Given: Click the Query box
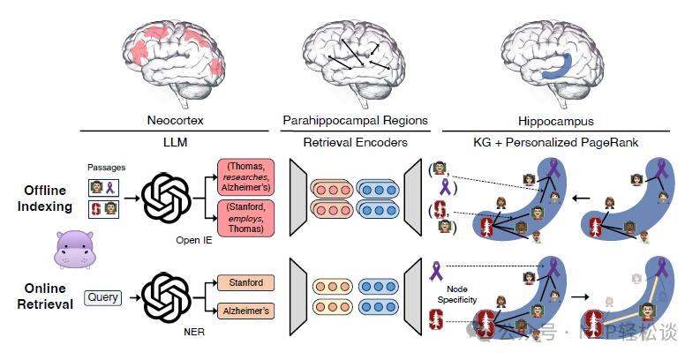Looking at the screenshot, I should (x=102, y=297).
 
